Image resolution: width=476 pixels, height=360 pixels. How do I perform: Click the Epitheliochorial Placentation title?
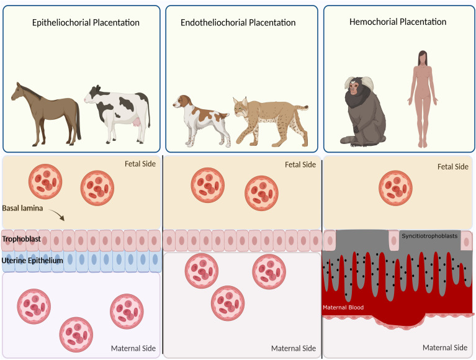(86, 23)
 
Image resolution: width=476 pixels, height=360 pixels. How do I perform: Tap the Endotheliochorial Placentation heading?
(238, 23)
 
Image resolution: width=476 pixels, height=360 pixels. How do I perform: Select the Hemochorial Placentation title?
(398, 22)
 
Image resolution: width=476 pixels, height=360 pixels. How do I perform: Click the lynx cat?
(267, 121)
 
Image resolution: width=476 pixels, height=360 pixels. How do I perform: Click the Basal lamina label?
(22, 209)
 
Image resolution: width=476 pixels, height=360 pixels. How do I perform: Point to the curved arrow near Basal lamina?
(56, 215)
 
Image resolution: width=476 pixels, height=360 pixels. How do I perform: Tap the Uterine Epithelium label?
(32, 261)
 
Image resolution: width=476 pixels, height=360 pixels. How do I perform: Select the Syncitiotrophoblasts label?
(429, 236)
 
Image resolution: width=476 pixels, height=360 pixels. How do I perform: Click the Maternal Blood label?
(343, 307)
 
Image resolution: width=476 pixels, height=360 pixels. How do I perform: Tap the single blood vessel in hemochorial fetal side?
(395, 188)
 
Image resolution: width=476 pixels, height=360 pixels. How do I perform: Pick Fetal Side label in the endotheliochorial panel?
(300, 164)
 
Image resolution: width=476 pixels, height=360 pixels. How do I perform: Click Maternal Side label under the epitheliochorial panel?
(133, 348)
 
